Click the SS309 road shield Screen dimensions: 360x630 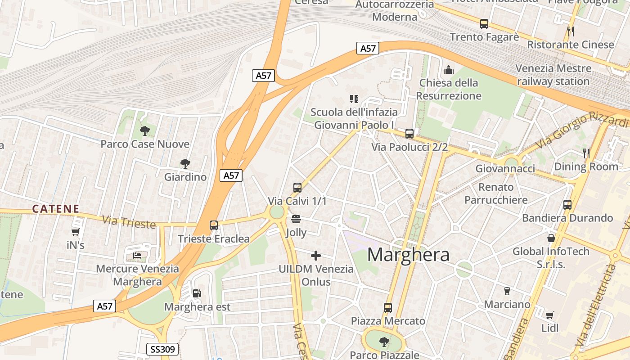click(x=163, y=349)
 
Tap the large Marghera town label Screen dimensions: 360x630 click(x=408, y=255)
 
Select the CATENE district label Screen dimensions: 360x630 click(x=56, y=209)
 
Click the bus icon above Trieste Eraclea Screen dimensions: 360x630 click(x=214, y=225)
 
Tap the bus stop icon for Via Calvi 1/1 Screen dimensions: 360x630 click(x=297, y=188)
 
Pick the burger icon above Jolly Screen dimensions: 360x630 click(x=296, y=219)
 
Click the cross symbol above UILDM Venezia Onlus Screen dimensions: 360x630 click(x=316, y=256)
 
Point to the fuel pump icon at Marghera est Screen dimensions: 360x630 click(x=197, y=293)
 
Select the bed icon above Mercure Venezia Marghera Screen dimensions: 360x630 click(x=137, y=256)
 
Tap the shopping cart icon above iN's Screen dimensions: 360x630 click(x=75, y=232)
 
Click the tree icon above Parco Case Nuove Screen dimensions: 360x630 click(x=144, y=131)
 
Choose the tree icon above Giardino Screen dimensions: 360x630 click(x=185, y=164)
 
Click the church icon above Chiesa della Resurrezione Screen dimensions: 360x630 click(x=448, y=70)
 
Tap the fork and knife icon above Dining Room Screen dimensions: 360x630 click(x=586, y=153)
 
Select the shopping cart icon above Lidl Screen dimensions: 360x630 click(x=549, y=315)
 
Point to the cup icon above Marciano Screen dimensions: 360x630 click(x=507, y=291)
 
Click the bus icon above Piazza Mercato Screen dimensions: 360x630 click(x=387, y=308)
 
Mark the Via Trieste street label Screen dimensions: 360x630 click(x=129, y=222)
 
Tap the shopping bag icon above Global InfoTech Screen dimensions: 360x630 click(x=551, y=238)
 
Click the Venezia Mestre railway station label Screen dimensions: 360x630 click(x=553, y=75)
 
